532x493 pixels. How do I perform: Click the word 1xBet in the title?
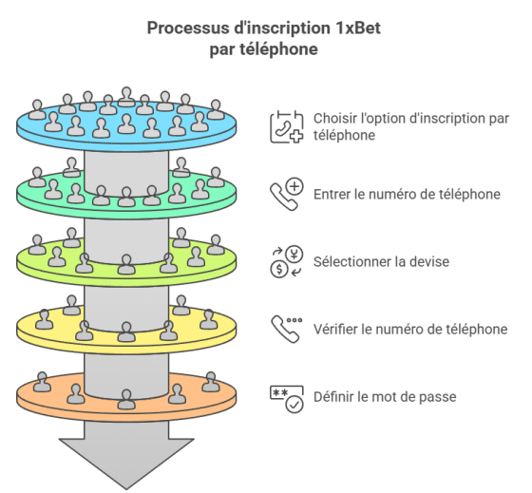(358, 28)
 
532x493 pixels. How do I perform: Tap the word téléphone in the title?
(279, 49)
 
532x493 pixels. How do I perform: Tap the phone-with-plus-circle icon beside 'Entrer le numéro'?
(287, 194)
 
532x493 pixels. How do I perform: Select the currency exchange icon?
(287, 261)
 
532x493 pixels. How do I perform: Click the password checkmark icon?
(287, 399)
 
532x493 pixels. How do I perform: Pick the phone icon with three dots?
(287, 329)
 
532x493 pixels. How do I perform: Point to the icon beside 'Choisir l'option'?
(287, 127)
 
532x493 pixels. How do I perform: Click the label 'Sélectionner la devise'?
(381, 261)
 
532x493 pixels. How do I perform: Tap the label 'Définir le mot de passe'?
(385, 397)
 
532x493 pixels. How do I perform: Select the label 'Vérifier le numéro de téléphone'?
(410, 329)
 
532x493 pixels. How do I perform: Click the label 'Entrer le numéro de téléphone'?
(407, 195)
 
